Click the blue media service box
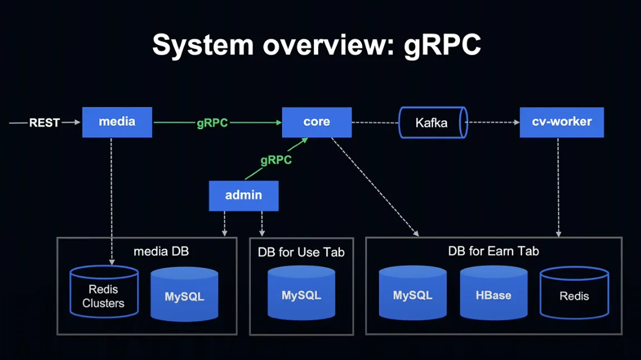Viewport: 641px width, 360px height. pos(117,122)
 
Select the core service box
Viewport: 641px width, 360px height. pos(317,122)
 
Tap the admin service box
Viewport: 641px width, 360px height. pos(244,196)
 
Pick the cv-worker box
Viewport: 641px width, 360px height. pos(562,122)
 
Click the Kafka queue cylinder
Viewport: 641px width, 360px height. pos(433,123)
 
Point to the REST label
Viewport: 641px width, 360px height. pos(45,123)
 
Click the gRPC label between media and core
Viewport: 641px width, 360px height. pos(212,123)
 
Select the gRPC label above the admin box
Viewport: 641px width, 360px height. pos(276,160)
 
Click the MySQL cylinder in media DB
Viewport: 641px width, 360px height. pos(184,294)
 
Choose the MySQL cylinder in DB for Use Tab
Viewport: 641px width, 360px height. pos(302,293)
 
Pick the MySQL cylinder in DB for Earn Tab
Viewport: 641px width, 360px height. pos(412,293)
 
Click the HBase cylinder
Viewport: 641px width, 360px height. pos(493,293)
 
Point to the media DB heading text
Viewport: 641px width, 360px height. pos(161,251)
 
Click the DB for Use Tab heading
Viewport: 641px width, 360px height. pos(302,252)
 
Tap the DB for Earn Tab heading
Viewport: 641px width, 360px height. pos(493,251)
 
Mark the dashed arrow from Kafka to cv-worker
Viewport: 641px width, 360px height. pos(493,122)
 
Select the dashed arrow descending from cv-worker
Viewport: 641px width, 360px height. pos(559,187)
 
